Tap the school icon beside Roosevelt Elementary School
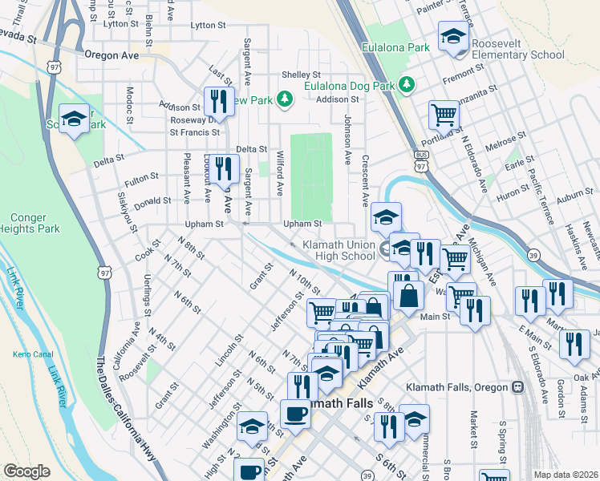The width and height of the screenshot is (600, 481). pos(453,37)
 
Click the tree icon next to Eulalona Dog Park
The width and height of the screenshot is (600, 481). pos(407,85)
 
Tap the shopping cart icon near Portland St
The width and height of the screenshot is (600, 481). pos(443,114)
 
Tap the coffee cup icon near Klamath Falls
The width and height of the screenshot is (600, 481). pos(295,414)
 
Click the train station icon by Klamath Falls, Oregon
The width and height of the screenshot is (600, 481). pos(517,386)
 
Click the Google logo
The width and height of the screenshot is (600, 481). pos(26,471)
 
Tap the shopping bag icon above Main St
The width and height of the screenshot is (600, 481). pos(408,294)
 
